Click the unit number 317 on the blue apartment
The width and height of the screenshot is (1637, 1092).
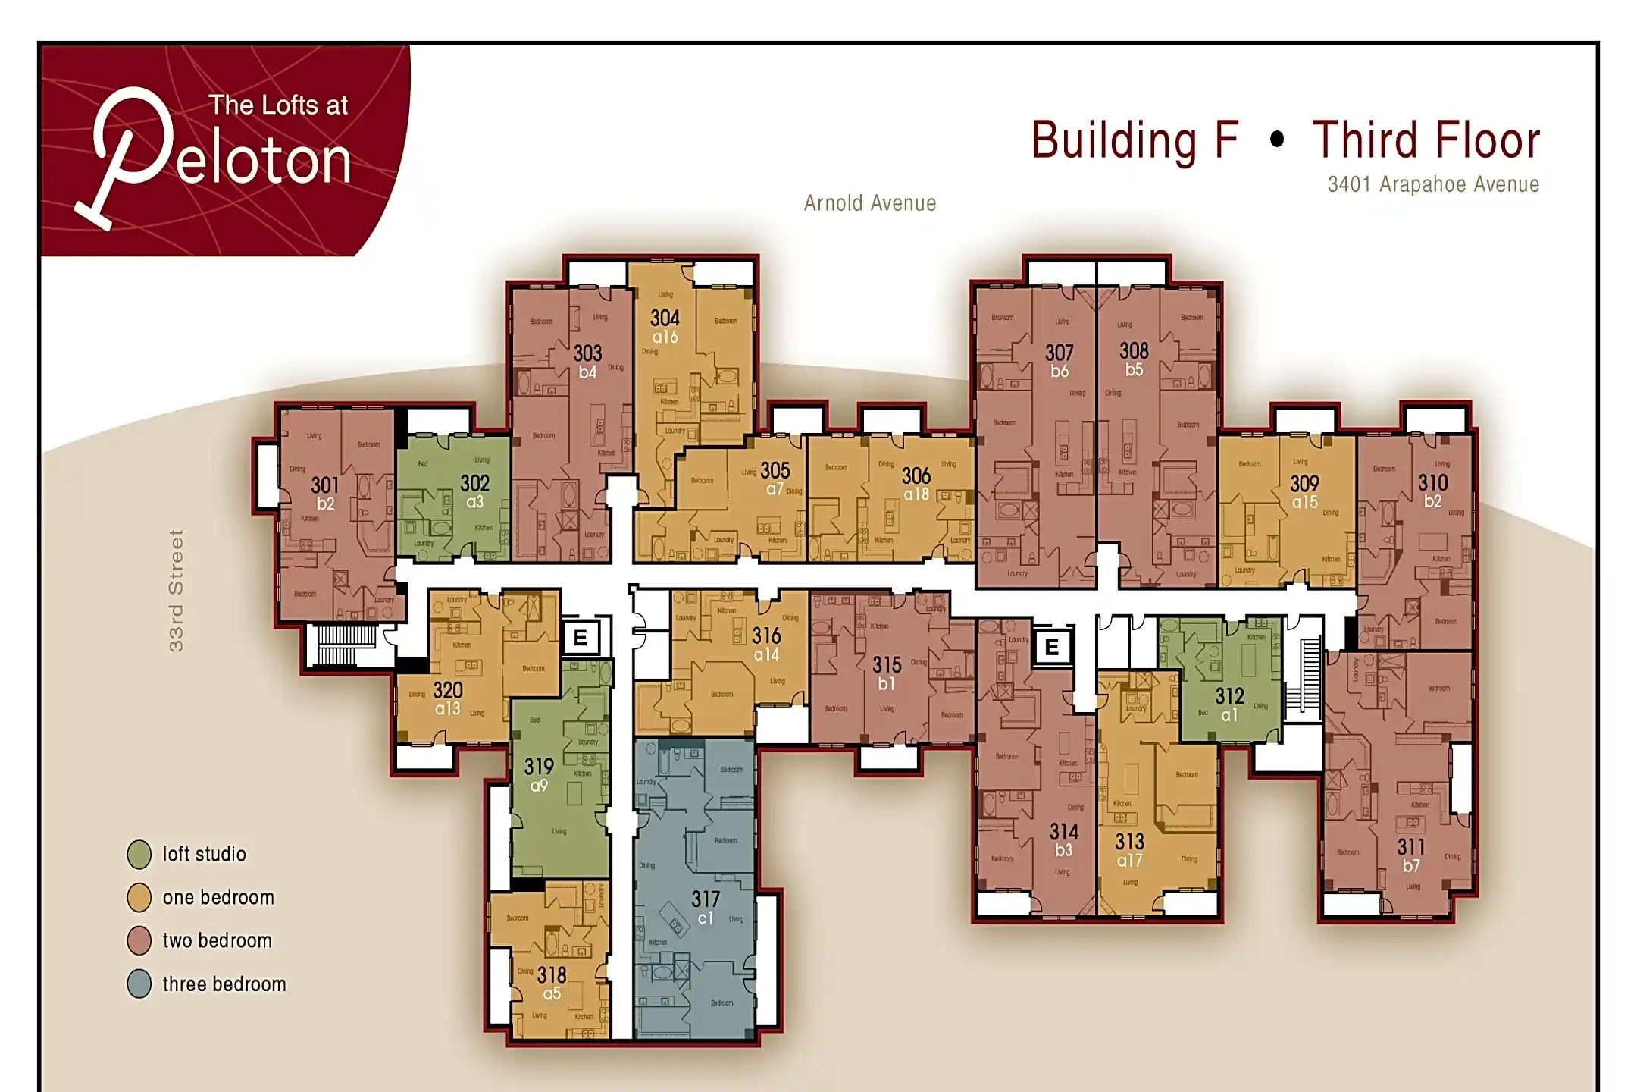[x=705, y=899]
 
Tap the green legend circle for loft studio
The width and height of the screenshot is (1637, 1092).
[x=139, y=854]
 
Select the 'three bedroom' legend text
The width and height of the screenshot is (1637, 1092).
[x=224, y=984]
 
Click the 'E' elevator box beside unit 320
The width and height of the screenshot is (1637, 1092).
[x=581, y=638]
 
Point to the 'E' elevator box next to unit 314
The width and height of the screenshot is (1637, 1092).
[x=1052, y=647]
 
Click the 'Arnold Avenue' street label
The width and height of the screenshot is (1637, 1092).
[x=869, y=203]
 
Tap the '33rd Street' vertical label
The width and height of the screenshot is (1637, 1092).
[x=176, y=590]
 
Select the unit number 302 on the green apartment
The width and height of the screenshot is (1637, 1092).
[x=475, y=483]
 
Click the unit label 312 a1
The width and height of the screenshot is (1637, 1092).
[x=1229, y=704]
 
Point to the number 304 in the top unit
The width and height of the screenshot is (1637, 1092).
[x=665, y=318]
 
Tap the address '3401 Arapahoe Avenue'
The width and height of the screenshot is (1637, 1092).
[x=1432, y=184]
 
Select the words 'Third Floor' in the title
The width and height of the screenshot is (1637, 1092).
[x=1426, y=140]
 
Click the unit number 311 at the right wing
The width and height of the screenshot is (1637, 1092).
[x=1410, y=846]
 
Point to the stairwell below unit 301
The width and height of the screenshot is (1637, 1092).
[x=346, y=645]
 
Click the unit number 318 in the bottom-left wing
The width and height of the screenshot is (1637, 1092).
[x=552, y=974]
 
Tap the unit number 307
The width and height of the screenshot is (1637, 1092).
[x=1059, y=353]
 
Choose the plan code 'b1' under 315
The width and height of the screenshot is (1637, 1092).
[x=886, y=684]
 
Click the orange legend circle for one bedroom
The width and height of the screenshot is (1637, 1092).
[x=139, y=897]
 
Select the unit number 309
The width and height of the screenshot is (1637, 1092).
[x=1304, y=483]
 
